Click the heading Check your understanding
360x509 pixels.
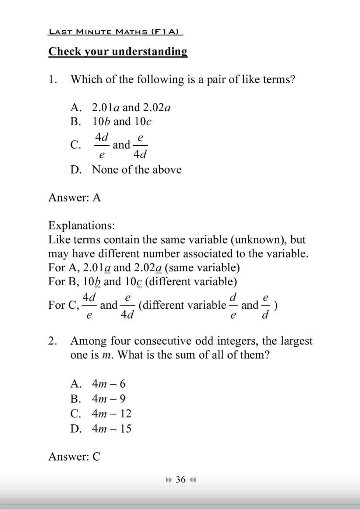pyautogui.click(x=118, y=51)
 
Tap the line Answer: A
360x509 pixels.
pyautogui.click(x=75, y=198)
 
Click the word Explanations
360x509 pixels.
pyautogui.click(x=82, y=225)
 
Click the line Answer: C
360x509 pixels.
pyautogui.click(x=74, y=457)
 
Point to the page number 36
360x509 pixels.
pyautogui.click(x=181, y=480)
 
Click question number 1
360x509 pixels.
pyautogui.click(x=52, y=79)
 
